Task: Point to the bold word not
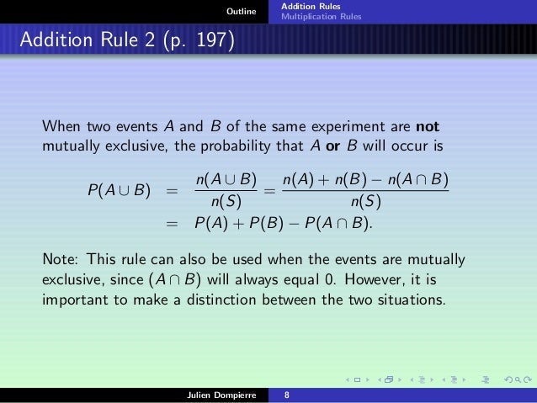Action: [x=427, y=128]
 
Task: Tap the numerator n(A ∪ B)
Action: [x=224, y=181]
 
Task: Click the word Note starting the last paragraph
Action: [x=59, y=257]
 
